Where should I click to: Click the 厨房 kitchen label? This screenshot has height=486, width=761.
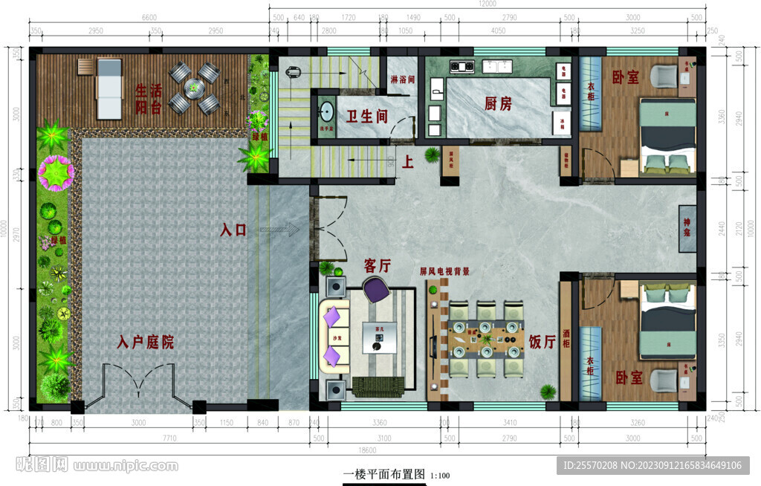coord(498,104)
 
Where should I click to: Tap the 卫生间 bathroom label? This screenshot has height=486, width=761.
coord(367,116)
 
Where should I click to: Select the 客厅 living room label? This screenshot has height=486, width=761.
coord(378,265)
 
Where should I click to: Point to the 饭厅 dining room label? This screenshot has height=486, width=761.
coord(543,342)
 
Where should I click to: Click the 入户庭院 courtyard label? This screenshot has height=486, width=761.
coord(146,343)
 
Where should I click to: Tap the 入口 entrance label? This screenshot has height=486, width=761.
coord(233,230)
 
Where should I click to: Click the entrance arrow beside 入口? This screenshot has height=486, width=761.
coord(279,231)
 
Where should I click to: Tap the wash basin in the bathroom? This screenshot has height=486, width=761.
coord(326,112)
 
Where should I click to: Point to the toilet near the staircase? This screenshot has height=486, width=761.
coord(291,73)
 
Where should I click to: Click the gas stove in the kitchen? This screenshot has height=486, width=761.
coord(462,67)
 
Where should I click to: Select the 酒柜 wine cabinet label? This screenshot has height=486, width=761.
coord(567,323)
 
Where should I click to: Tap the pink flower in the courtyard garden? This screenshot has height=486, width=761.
coord(56,172)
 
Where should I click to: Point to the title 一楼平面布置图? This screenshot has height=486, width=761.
coord(383,474)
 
